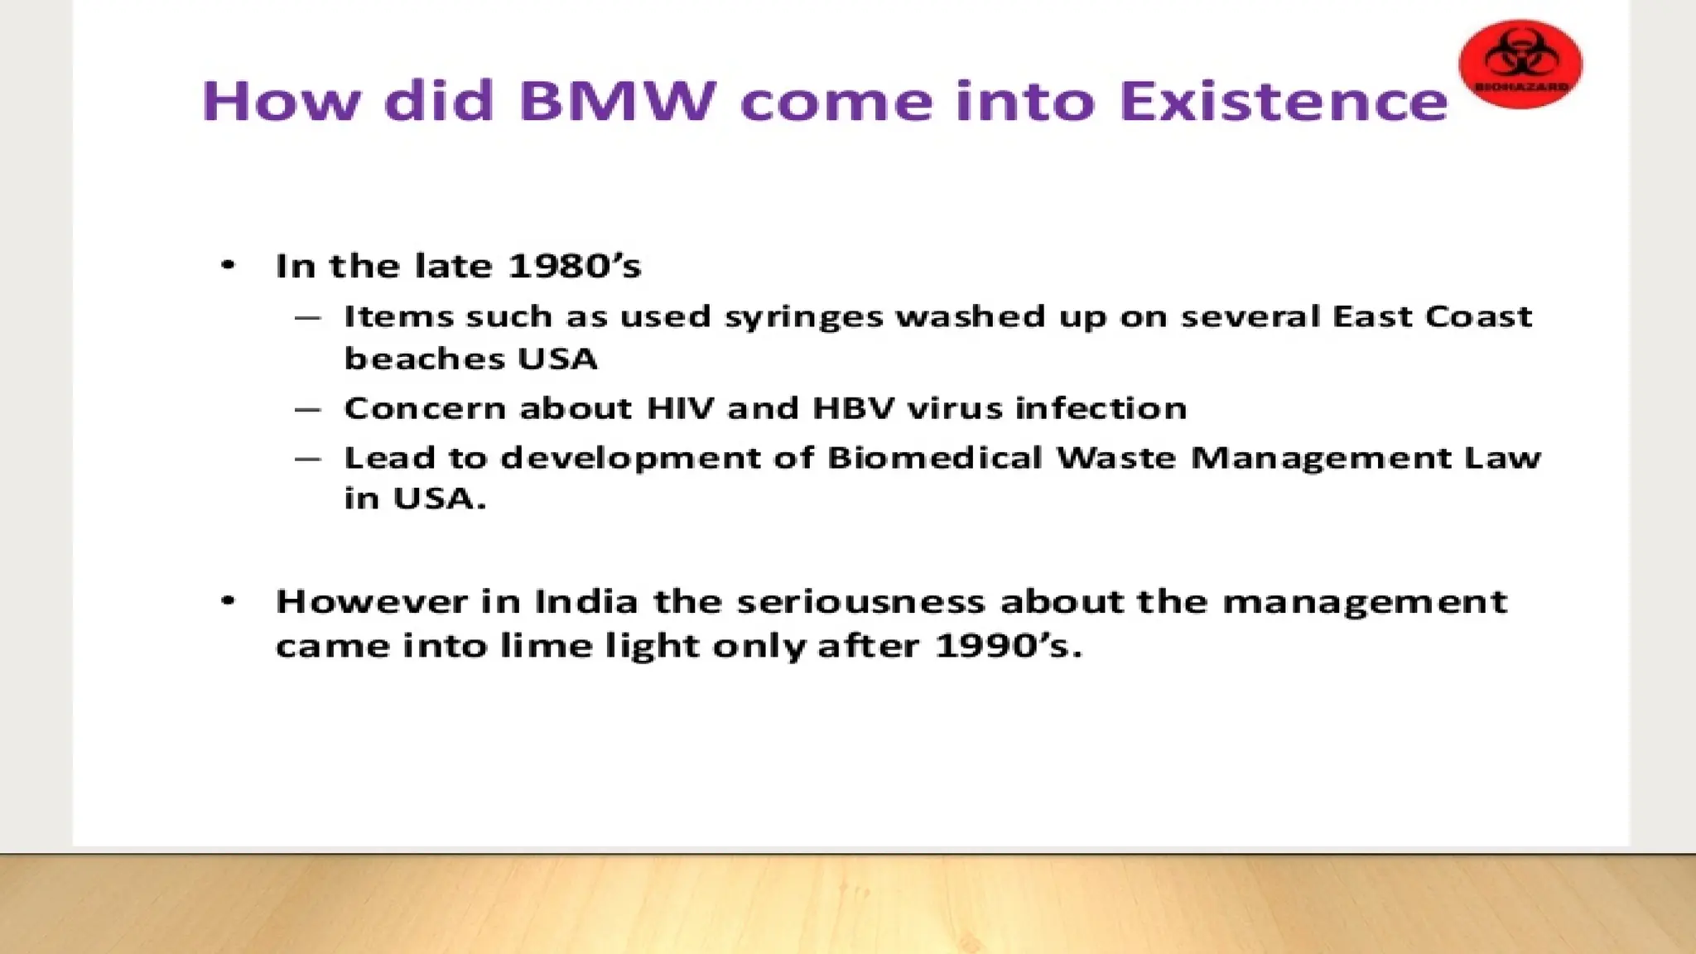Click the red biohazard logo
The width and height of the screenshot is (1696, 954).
(1520, 65)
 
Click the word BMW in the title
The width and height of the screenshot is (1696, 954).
(617, 101)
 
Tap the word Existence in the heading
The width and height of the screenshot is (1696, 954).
(1283, 101)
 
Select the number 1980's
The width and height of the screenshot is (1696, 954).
(574, 266)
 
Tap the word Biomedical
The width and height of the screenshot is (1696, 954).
(935, 457)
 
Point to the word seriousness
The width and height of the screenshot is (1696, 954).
(861, 601)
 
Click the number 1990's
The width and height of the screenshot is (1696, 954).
(1008, 646)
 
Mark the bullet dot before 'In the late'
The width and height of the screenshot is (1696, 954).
(229, 266)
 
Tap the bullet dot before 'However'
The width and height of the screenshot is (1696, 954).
(229, 601)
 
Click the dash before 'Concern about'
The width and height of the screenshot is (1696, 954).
(307, 409)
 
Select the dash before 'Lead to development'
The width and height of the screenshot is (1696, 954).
(307, 459)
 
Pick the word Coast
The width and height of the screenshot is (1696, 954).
(1479, 316)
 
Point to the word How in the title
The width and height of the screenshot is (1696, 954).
(282, 101)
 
